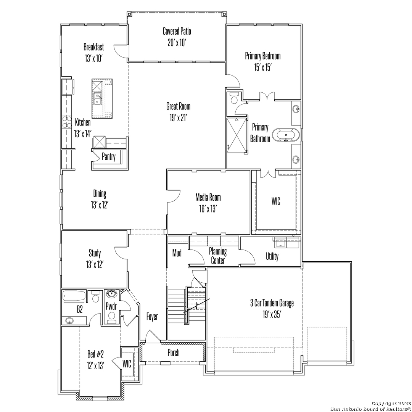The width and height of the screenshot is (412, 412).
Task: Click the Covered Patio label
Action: coord(177,31)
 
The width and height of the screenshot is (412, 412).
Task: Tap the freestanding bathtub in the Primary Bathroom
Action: coord(286,135)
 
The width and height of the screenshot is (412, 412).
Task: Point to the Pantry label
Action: coord(109,157)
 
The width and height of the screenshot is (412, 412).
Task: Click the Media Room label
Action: coord(208,197)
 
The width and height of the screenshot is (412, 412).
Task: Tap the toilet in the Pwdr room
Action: coord(112,316)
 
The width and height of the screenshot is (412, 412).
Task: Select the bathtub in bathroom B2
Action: coord(74,296)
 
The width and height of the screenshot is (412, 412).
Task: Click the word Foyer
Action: coord(152,316)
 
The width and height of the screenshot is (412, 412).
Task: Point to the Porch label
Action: coord(174,352)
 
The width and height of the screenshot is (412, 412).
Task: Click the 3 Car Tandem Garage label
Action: coord(272,303)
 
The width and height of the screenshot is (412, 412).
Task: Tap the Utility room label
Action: coord(272,256)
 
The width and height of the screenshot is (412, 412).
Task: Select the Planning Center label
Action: coord(218,256)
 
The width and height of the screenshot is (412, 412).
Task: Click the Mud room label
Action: coord(177,253)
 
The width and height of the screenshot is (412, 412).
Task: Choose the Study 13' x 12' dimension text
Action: coord(95,265)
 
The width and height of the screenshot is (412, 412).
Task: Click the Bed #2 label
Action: coord(96,354)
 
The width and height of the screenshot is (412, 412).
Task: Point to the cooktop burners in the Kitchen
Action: coord(67,122)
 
